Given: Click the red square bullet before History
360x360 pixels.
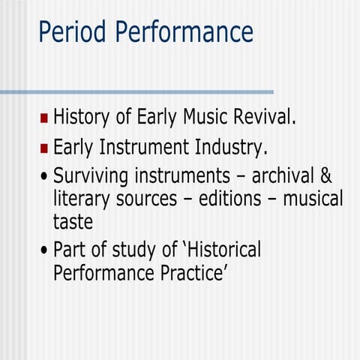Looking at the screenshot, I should pos(44,118).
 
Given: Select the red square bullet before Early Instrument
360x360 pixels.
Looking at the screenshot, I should pos(44,148).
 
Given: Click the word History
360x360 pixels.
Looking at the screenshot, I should pos(83,118).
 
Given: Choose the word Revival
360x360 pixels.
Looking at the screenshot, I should pos(265,117).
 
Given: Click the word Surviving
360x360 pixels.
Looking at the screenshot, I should pos(92,177).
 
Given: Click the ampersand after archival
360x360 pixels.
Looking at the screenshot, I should pos(325,176).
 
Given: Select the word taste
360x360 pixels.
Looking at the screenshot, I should pos(73,223).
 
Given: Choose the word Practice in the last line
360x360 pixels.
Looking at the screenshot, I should pos(190,272).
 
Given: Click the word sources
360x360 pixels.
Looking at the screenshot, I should pos(154,200).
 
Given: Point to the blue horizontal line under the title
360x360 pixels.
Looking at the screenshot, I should pos(135,91).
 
